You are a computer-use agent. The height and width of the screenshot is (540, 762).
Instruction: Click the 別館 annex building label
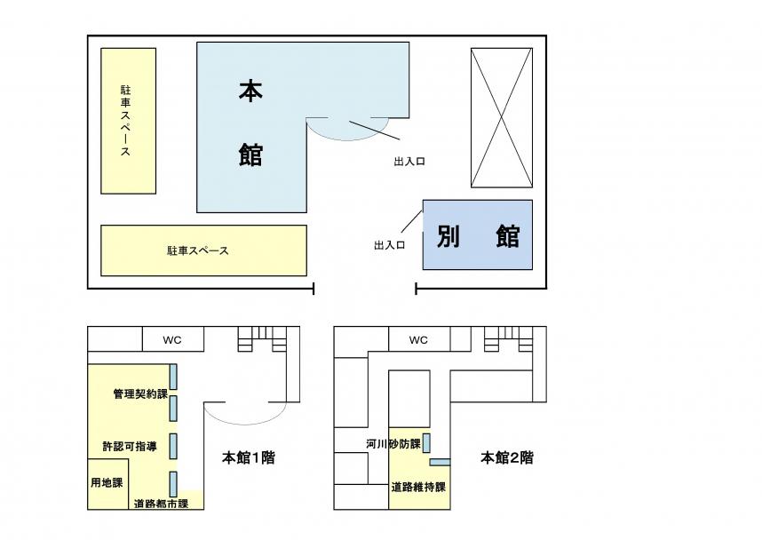point(478,236)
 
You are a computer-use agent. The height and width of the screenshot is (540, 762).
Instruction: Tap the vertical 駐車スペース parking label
point(126,121)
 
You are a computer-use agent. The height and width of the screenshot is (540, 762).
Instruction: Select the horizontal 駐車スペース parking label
point(198,250)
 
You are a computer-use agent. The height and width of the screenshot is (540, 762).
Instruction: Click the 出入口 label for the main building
point(409,162)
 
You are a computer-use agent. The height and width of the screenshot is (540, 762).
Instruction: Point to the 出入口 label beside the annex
point(389,245)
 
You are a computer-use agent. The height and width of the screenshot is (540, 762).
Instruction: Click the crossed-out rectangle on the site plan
point(502,117)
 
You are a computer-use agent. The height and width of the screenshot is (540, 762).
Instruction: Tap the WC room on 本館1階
point(172,338)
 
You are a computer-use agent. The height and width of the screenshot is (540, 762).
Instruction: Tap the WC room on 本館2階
point(419,338)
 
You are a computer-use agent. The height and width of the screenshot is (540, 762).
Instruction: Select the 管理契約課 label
point(140,393)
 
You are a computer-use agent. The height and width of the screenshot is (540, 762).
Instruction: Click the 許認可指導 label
point(130,446)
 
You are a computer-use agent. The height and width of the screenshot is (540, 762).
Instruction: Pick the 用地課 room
point(107,484)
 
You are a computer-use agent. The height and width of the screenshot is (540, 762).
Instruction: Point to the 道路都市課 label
point(161,504)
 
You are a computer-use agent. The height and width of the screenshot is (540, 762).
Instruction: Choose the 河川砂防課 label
point(393,444)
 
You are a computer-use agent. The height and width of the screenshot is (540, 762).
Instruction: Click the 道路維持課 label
point(418,487)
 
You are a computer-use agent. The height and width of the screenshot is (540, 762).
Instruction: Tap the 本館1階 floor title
point(249,457)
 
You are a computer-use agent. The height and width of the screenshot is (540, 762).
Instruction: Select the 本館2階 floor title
point(507,457)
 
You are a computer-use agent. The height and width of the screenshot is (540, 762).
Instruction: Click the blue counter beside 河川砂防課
point(426,443)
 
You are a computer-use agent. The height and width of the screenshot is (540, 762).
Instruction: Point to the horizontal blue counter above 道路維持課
point(440,462)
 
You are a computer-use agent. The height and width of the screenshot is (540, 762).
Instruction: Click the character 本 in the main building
point(250,91)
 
